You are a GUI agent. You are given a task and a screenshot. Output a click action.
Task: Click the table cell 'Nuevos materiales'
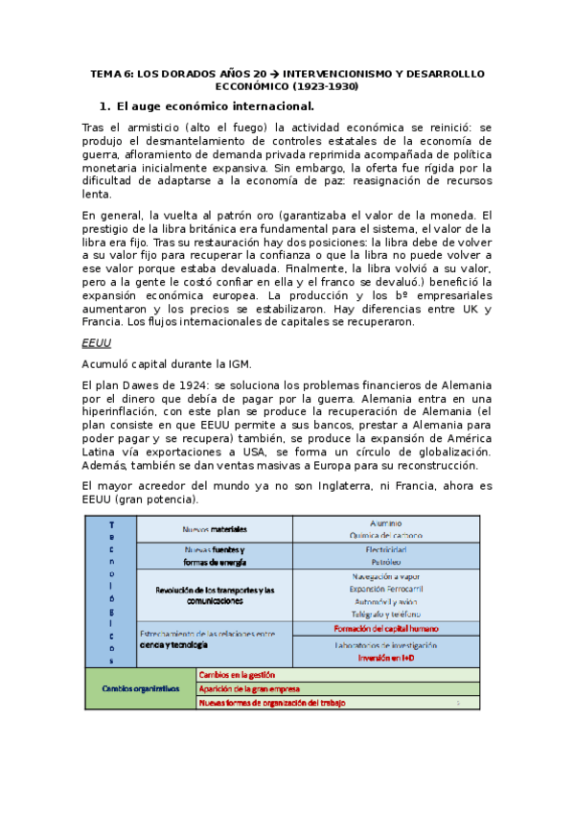tap(215, 528)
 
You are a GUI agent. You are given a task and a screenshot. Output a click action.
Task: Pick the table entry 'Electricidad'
tap(386, 549)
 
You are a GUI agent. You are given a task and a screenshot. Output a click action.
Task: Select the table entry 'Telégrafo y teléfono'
tap(386, 613)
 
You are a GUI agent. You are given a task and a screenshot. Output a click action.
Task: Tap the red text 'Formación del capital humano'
tap(386, 628)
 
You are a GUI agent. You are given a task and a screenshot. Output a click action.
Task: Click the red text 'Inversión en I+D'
tap(386, 659)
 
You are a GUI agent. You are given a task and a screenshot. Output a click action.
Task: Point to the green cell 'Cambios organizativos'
tap(141, 688)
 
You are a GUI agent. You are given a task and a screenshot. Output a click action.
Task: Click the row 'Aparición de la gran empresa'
tap(249, 688)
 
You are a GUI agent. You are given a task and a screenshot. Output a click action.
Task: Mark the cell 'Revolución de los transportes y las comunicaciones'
tap(215, 594)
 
